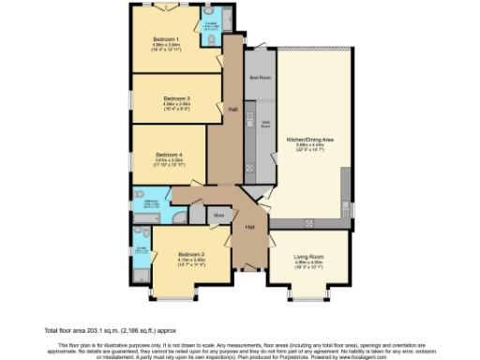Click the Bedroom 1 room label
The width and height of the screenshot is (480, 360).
point(171,38)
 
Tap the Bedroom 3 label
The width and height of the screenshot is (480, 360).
point(176,97)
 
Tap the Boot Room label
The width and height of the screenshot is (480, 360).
point(259,78)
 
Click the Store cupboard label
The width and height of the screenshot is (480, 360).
point(219,216)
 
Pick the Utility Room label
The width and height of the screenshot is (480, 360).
point(265,124)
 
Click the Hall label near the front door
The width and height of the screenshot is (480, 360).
point(250,228)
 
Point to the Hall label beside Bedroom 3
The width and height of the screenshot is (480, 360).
point(232,109)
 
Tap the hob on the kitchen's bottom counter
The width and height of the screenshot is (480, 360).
point(310,222)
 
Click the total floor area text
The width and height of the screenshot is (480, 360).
point(96,331)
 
